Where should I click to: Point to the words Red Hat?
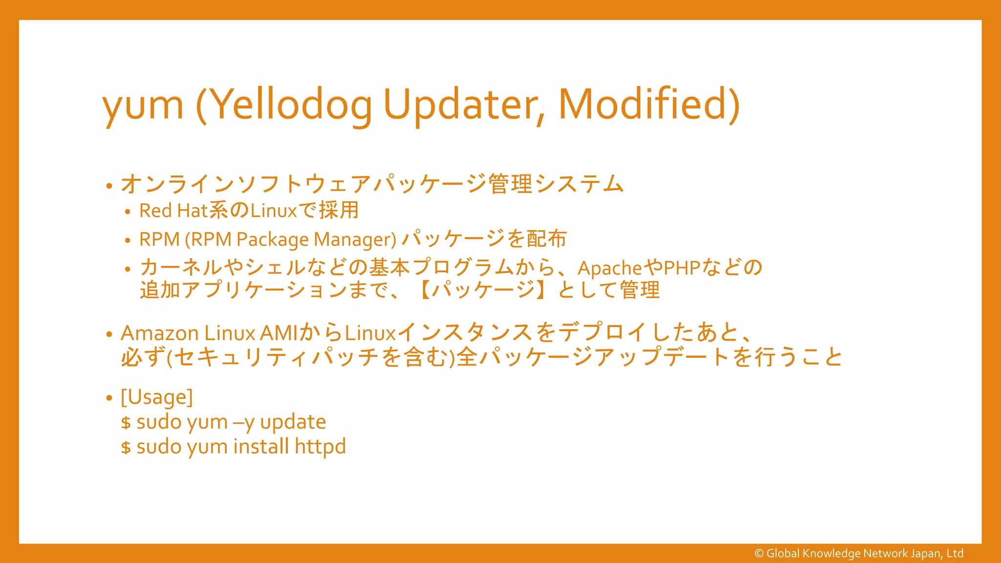pyautogui.click(x=174, y=211)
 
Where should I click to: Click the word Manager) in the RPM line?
pyautogui.click(x=355, y=239)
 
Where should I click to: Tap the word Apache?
pyautogui.click(x=609, y=268)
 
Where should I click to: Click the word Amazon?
pyautogui.click(x=159, y=333)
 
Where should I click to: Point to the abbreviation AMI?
pyautogui.click(x=279, y=333)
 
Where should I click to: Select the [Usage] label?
pyautogui.click(x=156, y=397)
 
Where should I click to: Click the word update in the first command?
pyautogui.click(x=293, y=422)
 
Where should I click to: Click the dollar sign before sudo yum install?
pyautogui.click(x=126, y=448)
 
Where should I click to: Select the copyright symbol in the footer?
pyautogui.click(x=759, y=554)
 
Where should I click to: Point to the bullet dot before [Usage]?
pyautogui.click(x=109, y=398)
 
